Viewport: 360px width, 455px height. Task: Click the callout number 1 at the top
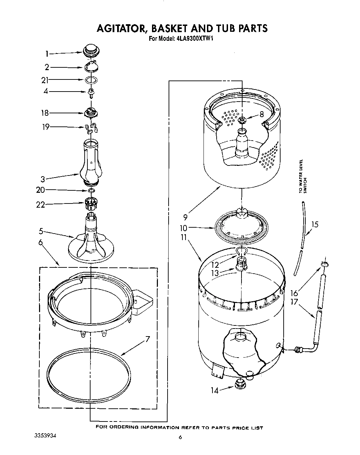click(x=47, y=54)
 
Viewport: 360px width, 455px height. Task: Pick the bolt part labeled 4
click(x=92, y=92)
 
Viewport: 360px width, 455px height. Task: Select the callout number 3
click(x=43, y=179)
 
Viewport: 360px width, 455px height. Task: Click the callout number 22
click(x=41, y=205)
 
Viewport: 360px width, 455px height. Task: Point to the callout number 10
click(x=183, y=228)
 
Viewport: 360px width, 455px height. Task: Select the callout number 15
click(x=314, y=225)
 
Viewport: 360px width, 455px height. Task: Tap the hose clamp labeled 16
click(x=324, y=264)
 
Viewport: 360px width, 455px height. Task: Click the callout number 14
click(x=215, y=390)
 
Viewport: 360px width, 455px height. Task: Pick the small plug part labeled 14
click(x=239, y=384)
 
